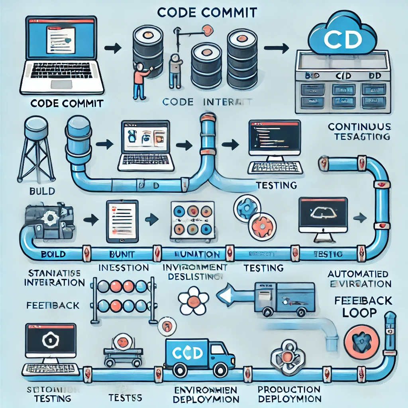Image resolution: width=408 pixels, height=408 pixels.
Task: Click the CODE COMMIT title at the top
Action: coord(207,12)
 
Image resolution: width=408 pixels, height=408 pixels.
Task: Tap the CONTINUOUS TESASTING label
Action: coord(359,132)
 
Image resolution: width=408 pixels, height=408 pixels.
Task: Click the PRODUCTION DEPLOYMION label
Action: coord(288,394)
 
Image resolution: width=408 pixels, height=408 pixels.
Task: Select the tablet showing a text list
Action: coord(122,221)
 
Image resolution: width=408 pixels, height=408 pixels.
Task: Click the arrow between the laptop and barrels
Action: coord(112,49)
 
